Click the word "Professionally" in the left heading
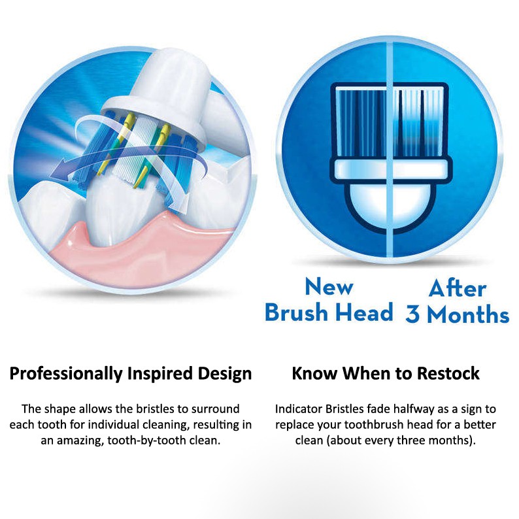66,374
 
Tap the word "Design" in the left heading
225,373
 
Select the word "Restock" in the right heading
448,373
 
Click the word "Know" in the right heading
315,373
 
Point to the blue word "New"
329,287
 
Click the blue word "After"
458,288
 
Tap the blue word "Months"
468,314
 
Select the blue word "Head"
364,312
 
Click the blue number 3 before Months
412,314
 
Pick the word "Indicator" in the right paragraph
299,409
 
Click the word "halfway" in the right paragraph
414,410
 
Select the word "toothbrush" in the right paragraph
375,425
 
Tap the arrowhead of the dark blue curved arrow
59,172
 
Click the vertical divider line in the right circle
390,149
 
